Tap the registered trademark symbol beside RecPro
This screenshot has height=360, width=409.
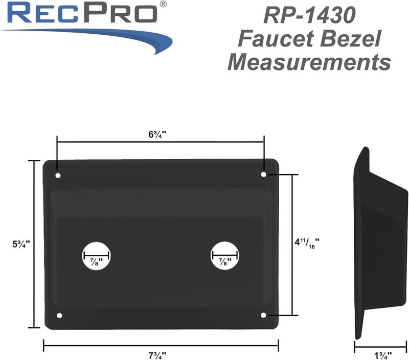tap(163, 4)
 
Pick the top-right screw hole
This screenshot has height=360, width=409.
tap(264, 175)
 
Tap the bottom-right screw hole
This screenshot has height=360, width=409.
tap(264, 316)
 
